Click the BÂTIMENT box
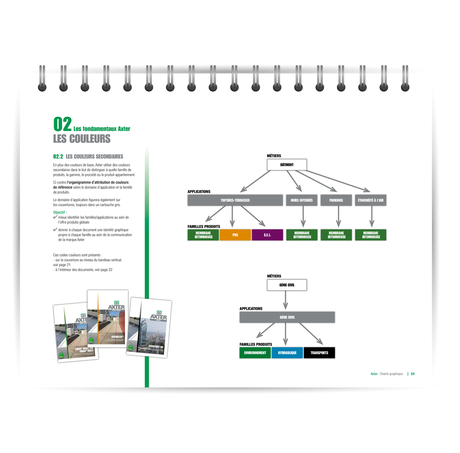coord(287,165)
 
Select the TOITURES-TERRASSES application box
coord(235,200)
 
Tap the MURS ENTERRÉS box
coord(302,200)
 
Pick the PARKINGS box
coord(336,200)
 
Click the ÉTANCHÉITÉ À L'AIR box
coord(370,200)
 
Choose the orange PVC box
coord(235,235)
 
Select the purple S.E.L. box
coord(267,235)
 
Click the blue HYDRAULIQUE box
coord(287,353)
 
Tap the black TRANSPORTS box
coord(319,353)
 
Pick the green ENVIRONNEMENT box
coord(255,353)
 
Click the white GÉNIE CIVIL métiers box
coord(287,285)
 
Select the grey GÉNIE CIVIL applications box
coord(287,317)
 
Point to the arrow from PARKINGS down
coord(338,217)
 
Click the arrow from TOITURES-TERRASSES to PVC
coord(232,217)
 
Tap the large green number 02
coord(62,124)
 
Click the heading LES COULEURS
coord(82,139)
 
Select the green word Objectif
coord(59,212)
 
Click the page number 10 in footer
coord(412,374)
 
